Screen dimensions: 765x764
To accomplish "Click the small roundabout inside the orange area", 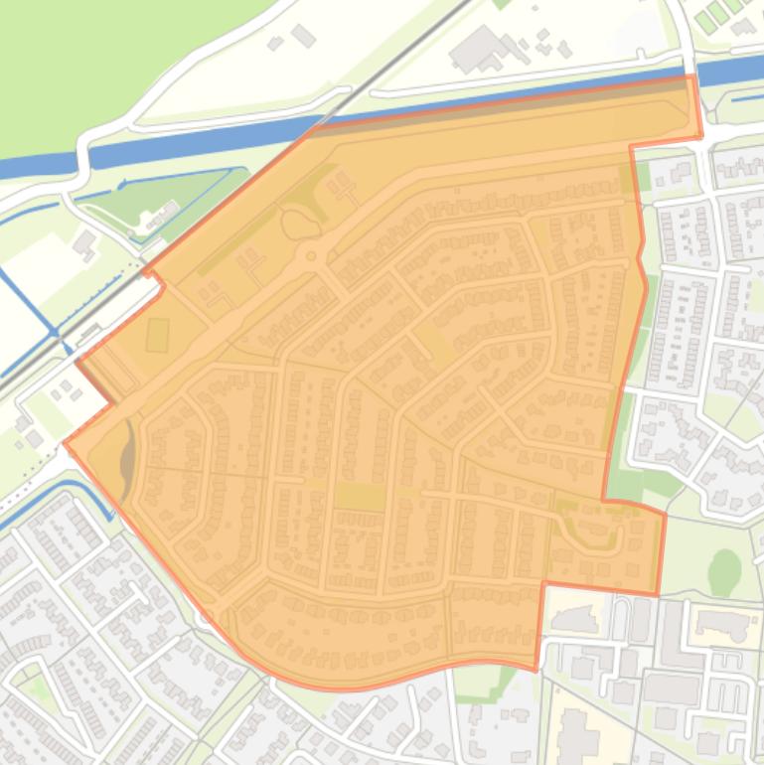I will pos(311,256).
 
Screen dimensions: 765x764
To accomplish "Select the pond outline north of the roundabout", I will pos(295,224).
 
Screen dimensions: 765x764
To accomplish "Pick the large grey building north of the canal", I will pos(478,49).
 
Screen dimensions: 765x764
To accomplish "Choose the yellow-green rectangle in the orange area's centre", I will pos(359,496).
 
